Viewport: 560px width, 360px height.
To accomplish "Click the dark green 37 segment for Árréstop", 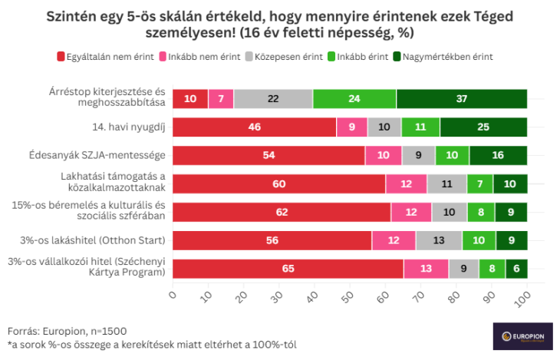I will click(461, 99).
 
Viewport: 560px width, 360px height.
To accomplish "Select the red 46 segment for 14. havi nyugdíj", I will click(254, 127).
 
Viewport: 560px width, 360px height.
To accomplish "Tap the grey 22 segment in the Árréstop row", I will click(273, 99).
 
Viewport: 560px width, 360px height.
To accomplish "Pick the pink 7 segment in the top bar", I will click(220, 99).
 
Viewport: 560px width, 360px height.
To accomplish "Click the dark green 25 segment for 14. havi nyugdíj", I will click(483, 127).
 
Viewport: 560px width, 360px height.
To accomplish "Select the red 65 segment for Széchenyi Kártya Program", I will click(288, 269).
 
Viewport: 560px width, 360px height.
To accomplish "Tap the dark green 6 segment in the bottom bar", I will click(516, 269).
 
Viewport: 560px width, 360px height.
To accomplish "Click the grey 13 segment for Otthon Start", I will click(439, 240).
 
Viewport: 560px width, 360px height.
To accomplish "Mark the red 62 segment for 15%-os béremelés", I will click(282, 212).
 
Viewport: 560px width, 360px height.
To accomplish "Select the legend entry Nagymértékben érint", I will click(443, 57).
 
